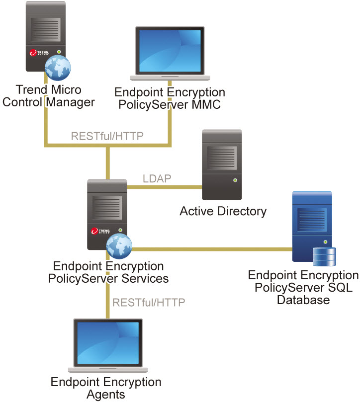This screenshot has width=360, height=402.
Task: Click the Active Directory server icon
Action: pos(221,164)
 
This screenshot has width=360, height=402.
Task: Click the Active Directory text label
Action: pos(223,211)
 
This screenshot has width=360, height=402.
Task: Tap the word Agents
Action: pos(106,395)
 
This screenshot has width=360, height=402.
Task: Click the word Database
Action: pos(303,300)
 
